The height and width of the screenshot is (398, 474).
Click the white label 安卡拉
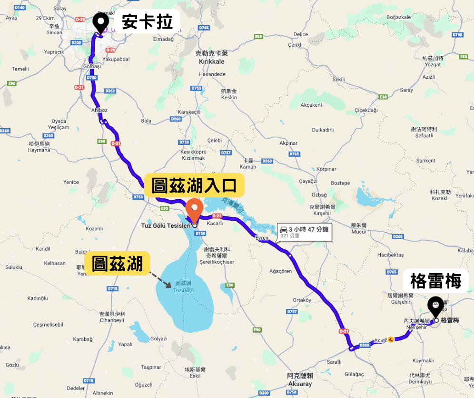click(147, 22)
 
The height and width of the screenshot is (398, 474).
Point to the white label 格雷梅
click(433, 281)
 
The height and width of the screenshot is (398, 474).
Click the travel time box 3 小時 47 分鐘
click(305, 231)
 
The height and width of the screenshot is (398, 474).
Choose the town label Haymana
click(39, 150)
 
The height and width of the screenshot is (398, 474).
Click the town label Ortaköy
click(302, 300)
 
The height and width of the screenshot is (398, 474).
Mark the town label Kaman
click(248, 167)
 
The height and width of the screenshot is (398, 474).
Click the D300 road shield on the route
click(365, 345)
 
